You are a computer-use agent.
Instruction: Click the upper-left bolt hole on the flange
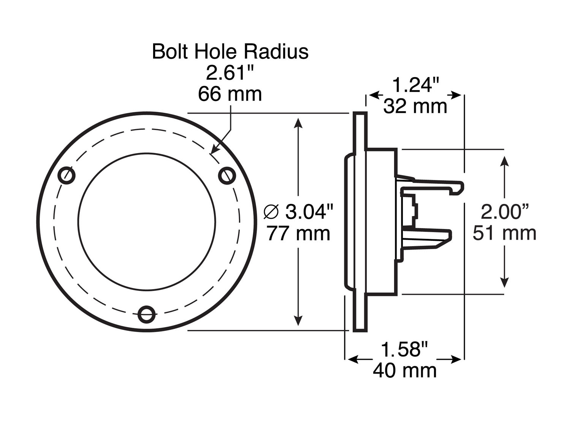tap(66, 175)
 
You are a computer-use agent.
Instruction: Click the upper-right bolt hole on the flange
tap(227, 175)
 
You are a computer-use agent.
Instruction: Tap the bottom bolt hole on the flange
tap(146, 314)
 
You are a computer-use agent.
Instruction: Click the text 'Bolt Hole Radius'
tap(230, 51)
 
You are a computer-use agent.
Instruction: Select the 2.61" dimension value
tap(230, 73)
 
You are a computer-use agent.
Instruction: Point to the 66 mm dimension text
tap(230, 94)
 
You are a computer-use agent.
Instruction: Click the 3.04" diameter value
tap(309, 212)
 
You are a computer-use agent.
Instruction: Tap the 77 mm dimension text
tap(298, 233)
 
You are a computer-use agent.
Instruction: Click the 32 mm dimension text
tap(415, 106)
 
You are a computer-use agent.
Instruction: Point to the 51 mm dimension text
tap(505, 233)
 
